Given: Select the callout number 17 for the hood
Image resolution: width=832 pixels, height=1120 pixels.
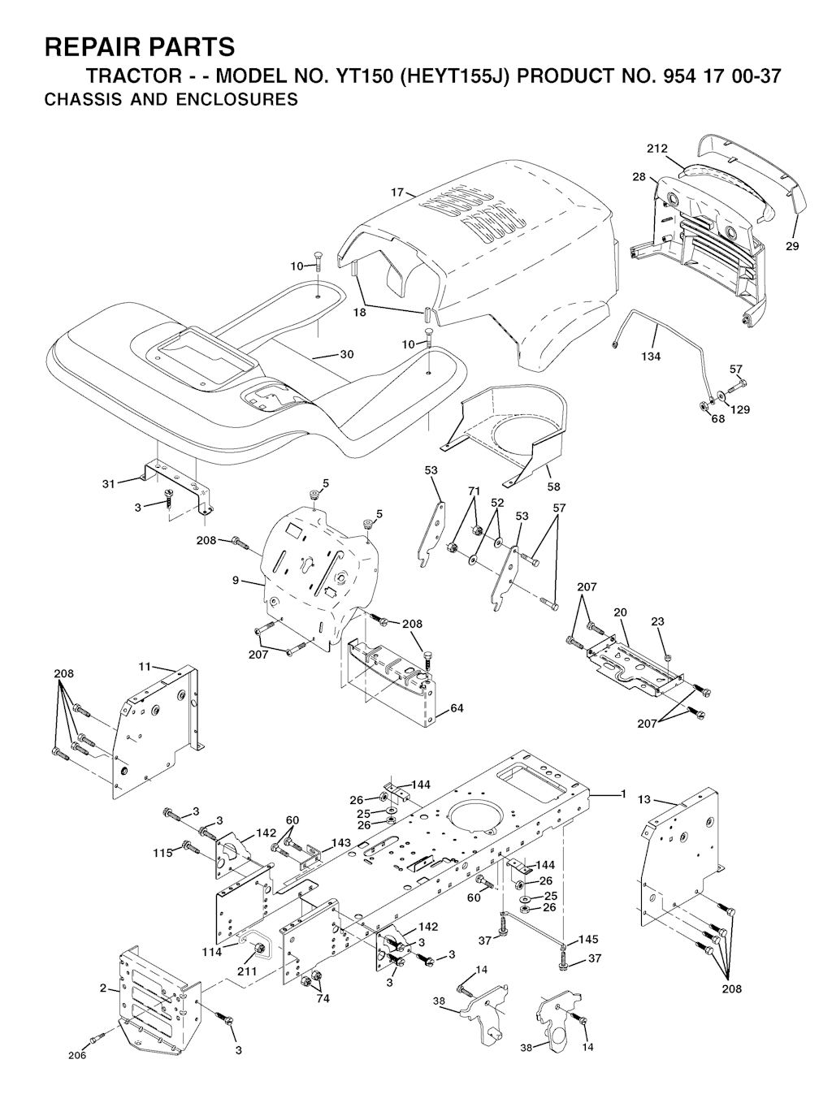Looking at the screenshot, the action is point(397,192).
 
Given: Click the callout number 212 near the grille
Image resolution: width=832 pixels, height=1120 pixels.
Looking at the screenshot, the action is point(657,149).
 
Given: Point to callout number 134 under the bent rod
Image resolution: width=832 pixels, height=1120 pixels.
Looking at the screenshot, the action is point(651,357).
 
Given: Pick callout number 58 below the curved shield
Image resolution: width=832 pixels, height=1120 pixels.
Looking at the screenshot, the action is point(553,486).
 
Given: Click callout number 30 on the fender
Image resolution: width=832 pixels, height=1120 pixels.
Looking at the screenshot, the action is point(347,354).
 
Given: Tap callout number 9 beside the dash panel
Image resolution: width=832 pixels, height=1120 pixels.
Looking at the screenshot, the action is point(236,580).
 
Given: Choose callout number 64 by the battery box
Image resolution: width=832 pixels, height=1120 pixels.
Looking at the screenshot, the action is point(457,708).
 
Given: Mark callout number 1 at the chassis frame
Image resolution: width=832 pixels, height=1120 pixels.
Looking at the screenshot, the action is point(623,794).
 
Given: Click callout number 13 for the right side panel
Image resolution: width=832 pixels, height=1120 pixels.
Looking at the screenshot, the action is point(644,800).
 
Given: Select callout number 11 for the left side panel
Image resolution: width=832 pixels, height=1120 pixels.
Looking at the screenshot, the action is point(145,667).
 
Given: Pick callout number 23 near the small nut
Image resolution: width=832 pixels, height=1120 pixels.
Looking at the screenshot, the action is point(657,621).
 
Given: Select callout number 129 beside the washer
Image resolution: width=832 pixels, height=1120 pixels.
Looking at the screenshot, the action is point(740,409).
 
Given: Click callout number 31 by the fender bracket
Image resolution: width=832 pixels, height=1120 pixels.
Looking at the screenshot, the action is point(109,484).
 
